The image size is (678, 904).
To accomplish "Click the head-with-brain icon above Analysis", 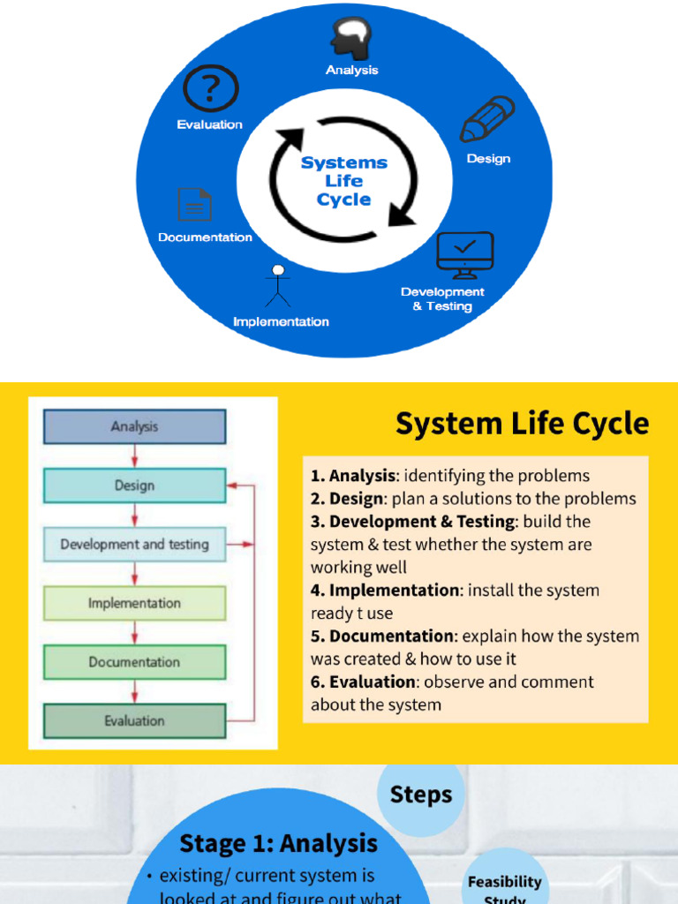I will pos(351,38).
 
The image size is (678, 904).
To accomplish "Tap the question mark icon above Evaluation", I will pos(210,90).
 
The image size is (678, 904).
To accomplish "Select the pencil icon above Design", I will pos(487,119).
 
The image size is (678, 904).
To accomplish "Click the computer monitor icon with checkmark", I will pos(464,255).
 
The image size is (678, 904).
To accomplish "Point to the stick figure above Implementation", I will pos(278,285).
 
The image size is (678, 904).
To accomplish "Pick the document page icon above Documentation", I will pos(194,204).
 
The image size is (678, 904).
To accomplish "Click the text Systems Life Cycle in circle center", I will pos(344,181).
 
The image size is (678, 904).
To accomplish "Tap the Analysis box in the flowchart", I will pos(134,426).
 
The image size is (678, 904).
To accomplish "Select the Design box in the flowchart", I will pos(134,486).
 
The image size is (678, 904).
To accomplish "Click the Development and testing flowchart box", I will pos(134,545).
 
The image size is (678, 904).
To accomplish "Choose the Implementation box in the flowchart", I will pos(134,604).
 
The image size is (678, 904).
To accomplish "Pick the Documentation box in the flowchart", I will pos(134,662).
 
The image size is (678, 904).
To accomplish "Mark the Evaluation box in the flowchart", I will pos(134,721).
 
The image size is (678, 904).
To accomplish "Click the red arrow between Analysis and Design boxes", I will pos(134,456).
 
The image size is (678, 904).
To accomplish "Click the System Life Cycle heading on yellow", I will pos(522,424).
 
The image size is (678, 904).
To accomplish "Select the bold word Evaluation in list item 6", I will pos(372,682).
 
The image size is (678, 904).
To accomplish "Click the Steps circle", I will pos(421,794).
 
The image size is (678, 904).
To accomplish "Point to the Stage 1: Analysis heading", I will pos(278,843).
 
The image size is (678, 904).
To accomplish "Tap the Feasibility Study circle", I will pos(504,885).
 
